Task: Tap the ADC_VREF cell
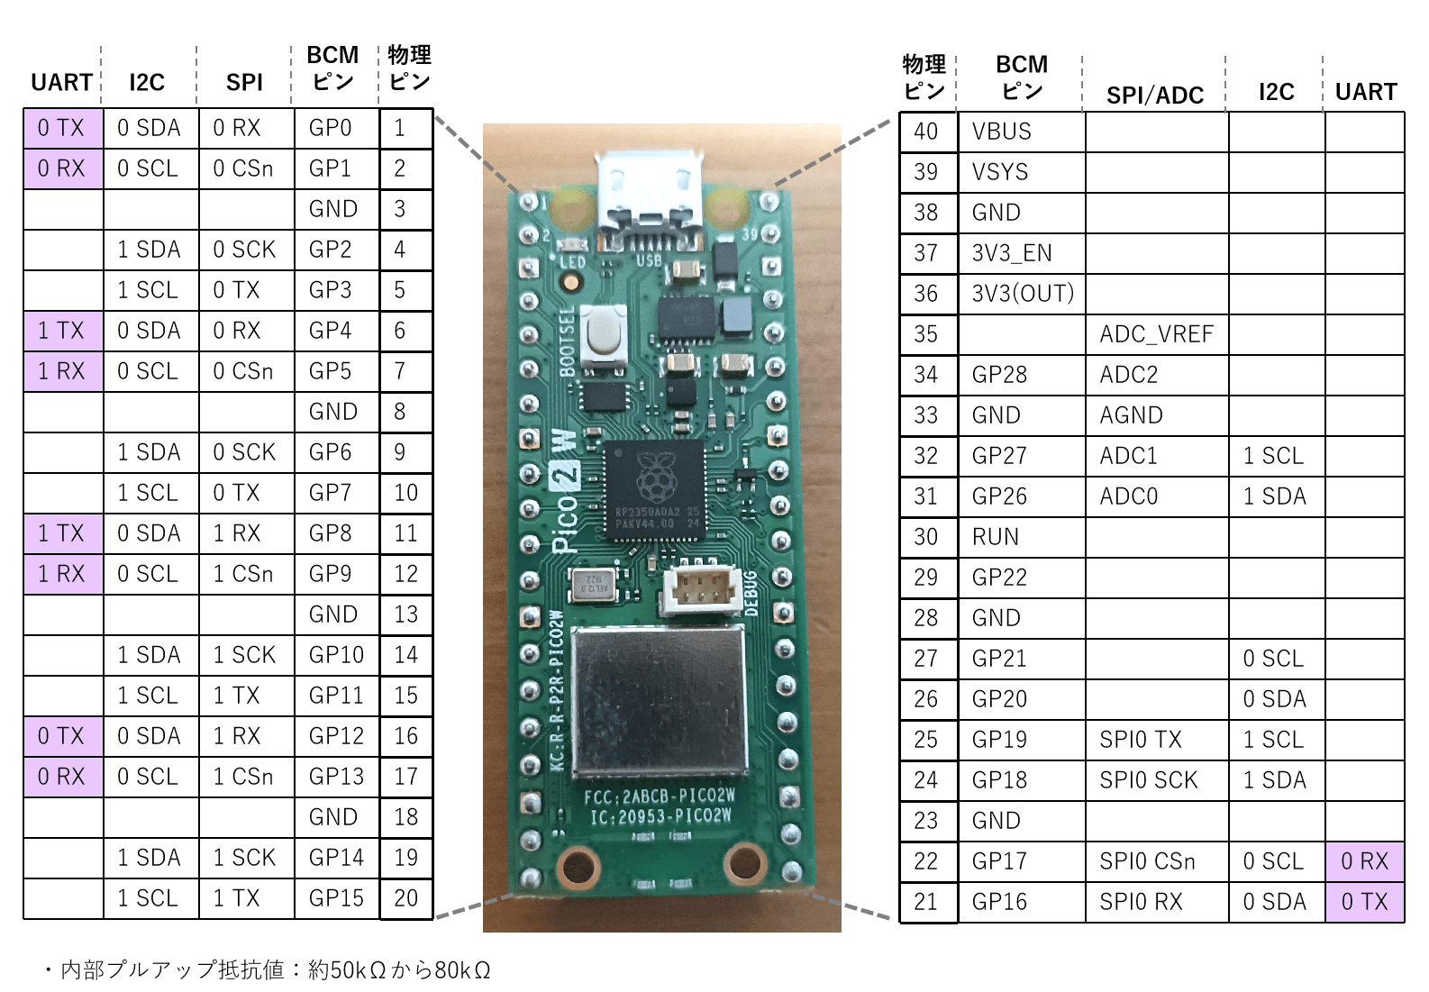(1156, 334)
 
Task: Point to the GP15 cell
(336, 898)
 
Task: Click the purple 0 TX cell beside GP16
(1364, 902)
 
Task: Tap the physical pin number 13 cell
(405, 614)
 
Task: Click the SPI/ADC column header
(1155, 95)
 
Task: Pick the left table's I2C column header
(147, 83)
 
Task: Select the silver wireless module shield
(660, 701)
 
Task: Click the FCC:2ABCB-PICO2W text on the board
(660, 796)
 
